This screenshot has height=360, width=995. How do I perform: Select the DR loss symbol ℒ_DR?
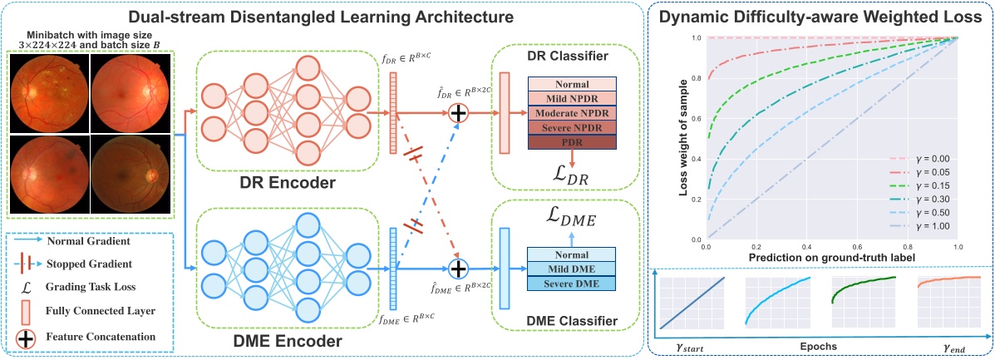pos(573,175)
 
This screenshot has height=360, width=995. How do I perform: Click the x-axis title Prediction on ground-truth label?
pos(831,258)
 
